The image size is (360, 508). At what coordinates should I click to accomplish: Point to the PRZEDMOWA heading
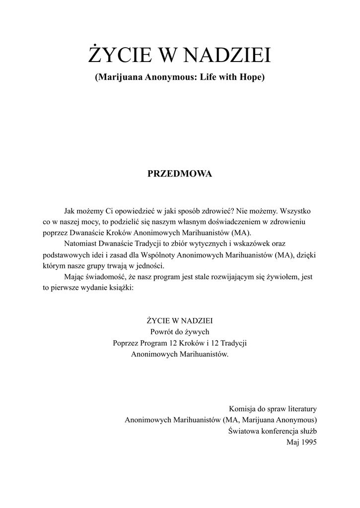click(x=180, y=174)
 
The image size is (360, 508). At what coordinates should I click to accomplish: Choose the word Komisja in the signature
click(x=241, y=409)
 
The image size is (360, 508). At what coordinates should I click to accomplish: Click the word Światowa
click(x=243, y=431)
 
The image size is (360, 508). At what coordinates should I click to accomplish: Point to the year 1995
click(x=308, y=442)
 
